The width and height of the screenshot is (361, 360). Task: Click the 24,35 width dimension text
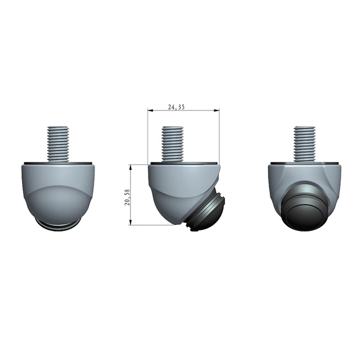(176, 107)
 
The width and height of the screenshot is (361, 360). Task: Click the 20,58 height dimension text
(127, 197)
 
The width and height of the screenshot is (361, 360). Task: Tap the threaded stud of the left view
(58, 144)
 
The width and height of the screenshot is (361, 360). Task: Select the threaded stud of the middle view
(173, 144)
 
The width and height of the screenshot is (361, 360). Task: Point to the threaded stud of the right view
(305, 144)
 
